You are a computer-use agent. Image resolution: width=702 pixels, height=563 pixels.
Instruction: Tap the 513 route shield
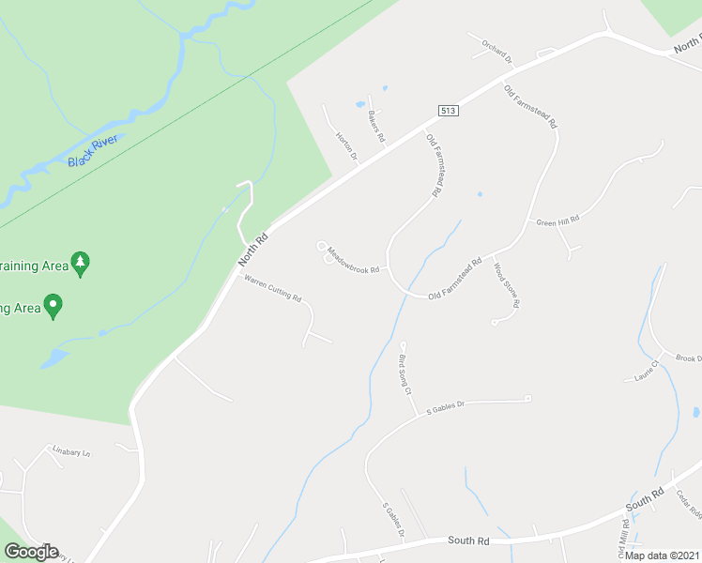tap(448, 111)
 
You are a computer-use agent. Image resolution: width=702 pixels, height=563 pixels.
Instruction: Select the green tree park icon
tap(82, 264)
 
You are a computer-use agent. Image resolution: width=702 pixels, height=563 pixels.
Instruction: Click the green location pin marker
tap(53, 306)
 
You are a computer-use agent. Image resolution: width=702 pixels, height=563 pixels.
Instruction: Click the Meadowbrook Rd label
tap(353, 260)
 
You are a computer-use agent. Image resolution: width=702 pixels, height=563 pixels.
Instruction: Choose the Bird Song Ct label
tap(405, 374)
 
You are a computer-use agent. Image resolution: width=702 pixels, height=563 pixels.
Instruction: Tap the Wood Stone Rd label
tap(506, 284)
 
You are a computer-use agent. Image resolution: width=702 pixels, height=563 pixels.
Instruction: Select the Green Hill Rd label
tap(557, 221)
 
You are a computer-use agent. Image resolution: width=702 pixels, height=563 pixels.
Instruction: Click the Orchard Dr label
tap(497, 52)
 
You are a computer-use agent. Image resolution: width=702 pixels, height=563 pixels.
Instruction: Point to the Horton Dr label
tap(346, 145)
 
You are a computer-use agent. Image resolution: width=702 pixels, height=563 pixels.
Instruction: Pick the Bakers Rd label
tap(376, 126)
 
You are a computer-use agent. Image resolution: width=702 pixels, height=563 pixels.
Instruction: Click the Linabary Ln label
tap(70, 453)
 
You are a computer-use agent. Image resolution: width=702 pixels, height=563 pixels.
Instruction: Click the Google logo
tap(31, 552)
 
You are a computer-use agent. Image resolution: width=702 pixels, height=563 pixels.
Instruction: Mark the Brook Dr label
tap(688, 358)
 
